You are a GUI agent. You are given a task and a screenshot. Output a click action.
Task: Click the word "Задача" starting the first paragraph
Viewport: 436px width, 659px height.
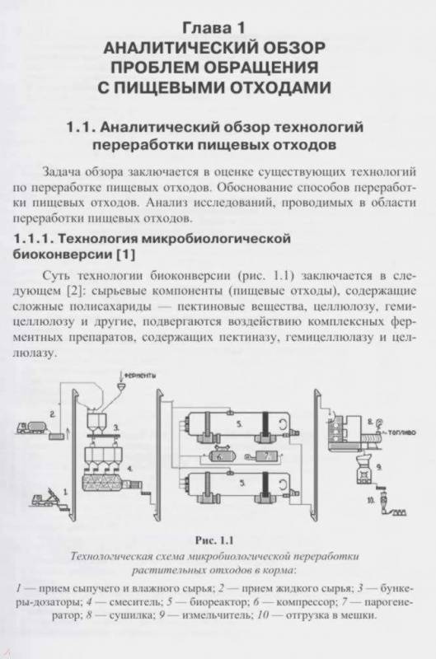click(x=62, y=172)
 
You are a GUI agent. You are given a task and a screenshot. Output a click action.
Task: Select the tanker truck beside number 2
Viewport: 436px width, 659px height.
click(x=31, y=428)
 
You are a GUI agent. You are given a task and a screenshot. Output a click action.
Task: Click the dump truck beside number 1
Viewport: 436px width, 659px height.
click(x=46, y=498)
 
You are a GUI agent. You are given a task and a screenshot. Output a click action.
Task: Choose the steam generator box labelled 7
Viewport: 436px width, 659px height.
click(x=264, y=456)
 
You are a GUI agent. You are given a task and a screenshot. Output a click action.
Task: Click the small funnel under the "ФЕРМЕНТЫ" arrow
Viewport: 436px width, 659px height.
click(x=122, y=384)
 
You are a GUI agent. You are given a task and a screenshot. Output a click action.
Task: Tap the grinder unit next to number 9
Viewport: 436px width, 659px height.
click(x=363, y=470)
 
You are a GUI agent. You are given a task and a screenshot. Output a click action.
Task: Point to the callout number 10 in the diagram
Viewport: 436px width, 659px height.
click(x=371, y=501)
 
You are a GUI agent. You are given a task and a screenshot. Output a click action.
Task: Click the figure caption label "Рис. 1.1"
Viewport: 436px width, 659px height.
click(x=214, y=540)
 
